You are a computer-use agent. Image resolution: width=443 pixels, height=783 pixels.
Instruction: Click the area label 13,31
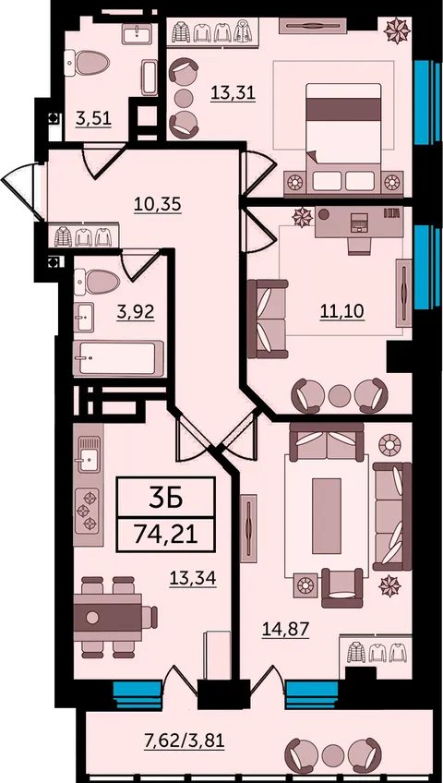[233, 93]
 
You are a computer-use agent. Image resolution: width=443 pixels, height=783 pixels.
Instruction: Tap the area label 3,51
[93, 119]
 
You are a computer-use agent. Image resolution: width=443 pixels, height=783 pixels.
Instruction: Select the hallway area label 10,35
[157, 204]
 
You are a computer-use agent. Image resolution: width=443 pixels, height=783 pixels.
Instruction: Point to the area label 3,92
[135, 312]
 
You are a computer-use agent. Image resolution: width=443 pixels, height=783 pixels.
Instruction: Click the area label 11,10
[341, 311]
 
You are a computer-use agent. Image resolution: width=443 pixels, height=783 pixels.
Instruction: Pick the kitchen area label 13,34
[193, 579]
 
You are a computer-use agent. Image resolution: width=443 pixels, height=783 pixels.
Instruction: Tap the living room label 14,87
[286, 630]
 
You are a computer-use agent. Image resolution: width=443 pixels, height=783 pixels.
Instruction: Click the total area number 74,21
[165, 536]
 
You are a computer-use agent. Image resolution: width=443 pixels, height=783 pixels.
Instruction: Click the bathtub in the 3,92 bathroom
[119, 358]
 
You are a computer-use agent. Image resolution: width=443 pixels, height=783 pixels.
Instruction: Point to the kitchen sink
[89, 454]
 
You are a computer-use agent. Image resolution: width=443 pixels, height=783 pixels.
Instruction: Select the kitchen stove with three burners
[88, 511]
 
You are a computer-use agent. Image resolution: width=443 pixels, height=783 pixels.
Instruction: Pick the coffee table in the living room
[327, 516]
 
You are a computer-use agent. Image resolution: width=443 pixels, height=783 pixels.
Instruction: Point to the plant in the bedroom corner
[398, 30]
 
